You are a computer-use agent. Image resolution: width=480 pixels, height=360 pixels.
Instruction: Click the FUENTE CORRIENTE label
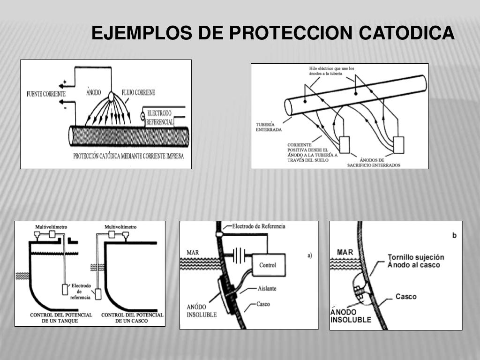[x=46, y=94]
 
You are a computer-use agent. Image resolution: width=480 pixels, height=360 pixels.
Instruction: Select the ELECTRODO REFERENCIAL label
[x=159, y=118]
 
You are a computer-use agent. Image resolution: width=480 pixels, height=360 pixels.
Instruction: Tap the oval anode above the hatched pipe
[x=112, y=97]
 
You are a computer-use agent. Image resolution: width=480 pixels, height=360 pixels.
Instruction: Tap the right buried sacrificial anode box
[x=399, y=145]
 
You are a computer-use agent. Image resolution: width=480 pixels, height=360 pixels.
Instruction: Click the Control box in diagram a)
[x=268, y=265]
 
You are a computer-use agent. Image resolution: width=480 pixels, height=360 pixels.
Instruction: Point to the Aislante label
[x=267, y=289]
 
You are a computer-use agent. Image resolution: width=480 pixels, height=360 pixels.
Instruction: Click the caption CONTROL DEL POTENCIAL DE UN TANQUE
[x=61, y=318]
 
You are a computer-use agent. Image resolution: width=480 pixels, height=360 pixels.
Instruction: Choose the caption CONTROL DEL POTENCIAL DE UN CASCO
[x=132, y=318]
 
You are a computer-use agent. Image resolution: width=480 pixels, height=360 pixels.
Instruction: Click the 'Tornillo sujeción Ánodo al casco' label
[x=416, y=261]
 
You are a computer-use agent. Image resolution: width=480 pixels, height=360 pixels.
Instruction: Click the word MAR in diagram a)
[x=193, y=252]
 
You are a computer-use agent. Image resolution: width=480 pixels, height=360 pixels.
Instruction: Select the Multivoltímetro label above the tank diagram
[x=51, y=227]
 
